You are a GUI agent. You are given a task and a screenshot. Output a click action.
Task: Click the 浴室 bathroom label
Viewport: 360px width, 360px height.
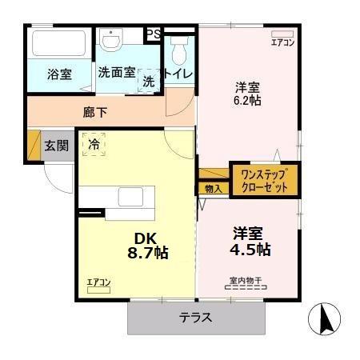[59, 75]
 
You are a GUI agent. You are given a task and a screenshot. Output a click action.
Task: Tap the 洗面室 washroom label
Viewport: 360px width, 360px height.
[117, 72]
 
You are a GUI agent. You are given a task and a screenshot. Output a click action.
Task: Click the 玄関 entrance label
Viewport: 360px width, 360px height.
[56, 146]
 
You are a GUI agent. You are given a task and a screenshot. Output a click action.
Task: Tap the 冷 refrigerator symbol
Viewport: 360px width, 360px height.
[94, 144]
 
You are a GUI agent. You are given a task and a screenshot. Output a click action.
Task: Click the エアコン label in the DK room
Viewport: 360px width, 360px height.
[98, 282]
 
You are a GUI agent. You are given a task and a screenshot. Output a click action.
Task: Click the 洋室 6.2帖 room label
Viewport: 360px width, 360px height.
[247, 94]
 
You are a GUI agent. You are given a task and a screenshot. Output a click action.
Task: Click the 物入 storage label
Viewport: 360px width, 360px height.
[213, 189]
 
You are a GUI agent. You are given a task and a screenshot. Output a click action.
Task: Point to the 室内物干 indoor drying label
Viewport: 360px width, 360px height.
[246, 281]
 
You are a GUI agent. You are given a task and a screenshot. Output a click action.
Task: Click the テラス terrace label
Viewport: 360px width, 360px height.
[195, 317]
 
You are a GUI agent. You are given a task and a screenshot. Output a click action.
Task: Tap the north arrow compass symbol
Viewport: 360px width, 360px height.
[326, 322]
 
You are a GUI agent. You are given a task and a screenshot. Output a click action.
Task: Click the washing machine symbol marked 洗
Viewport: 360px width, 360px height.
[149, 81]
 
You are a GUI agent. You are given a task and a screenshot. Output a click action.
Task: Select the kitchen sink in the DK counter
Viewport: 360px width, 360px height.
[130, 198]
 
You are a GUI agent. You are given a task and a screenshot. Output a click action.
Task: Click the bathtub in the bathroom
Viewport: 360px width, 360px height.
[58, 43]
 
